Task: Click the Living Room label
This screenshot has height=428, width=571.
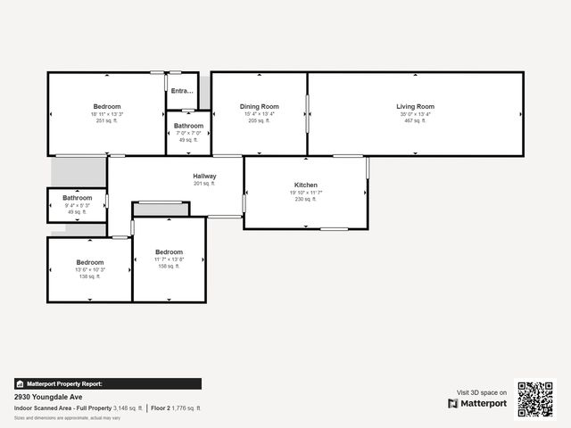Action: [x=415, y=107]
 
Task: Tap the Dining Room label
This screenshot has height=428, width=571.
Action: [x=259, y=107]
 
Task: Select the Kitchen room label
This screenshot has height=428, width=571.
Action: [x=306, y=185]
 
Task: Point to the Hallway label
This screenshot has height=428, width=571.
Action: [x=204, y=177]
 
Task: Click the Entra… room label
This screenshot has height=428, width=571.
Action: [x=182, y=91]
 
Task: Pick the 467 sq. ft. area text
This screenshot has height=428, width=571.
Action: [x=415, y=120]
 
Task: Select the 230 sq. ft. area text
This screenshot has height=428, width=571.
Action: [x=306, y=199]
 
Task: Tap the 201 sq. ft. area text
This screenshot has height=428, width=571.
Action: [x=204, y=184]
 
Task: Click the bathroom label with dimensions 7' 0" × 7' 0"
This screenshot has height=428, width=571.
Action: [x=188, y=127]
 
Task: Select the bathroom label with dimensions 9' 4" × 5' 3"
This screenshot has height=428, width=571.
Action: [x=77, y=198]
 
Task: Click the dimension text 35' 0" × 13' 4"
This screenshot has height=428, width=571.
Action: [x=415, y=114]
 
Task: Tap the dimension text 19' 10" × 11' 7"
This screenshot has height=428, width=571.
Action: [x=306, y=193]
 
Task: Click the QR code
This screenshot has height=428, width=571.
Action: [x=536, y=399]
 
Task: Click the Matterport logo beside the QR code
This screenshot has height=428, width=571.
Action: [x=477, y=403]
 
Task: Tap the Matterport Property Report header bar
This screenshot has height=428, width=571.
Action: [x=107, y=383]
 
